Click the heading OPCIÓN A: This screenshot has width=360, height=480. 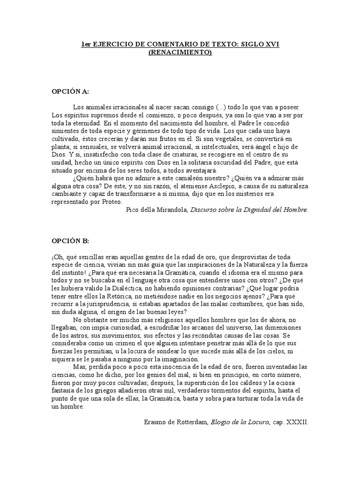click(x=70, y=91)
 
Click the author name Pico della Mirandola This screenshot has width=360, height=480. click(x=157, y=210)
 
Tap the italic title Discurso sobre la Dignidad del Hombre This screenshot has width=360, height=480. click(x=249, y=210)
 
